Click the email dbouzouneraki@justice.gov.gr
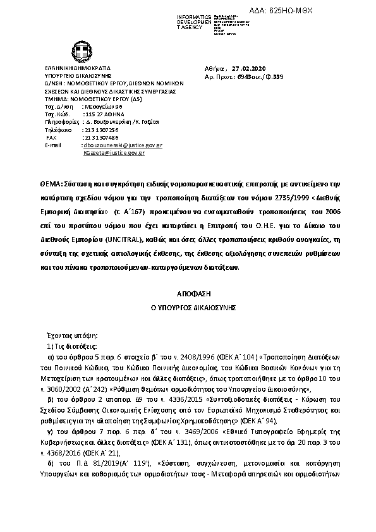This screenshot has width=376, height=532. tap(123, 145)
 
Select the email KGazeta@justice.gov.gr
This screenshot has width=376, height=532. tap(114, 152)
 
